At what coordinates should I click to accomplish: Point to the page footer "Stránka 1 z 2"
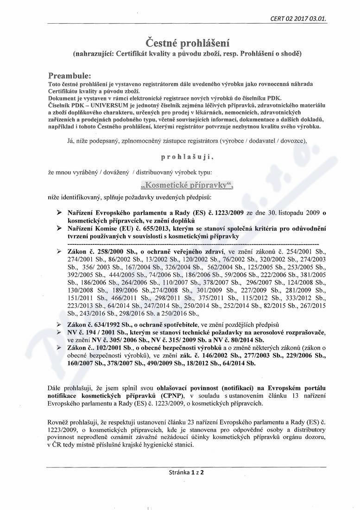187,473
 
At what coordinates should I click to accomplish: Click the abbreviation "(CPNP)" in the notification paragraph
172,395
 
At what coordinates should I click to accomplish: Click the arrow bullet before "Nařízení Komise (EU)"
59,228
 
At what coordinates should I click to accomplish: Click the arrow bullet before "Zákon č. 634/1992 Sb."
59,325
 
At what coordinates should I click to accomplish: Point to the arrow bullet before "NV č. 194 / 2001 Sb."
59,333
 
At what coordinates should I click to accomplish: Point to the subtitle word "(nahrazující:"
93,54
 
